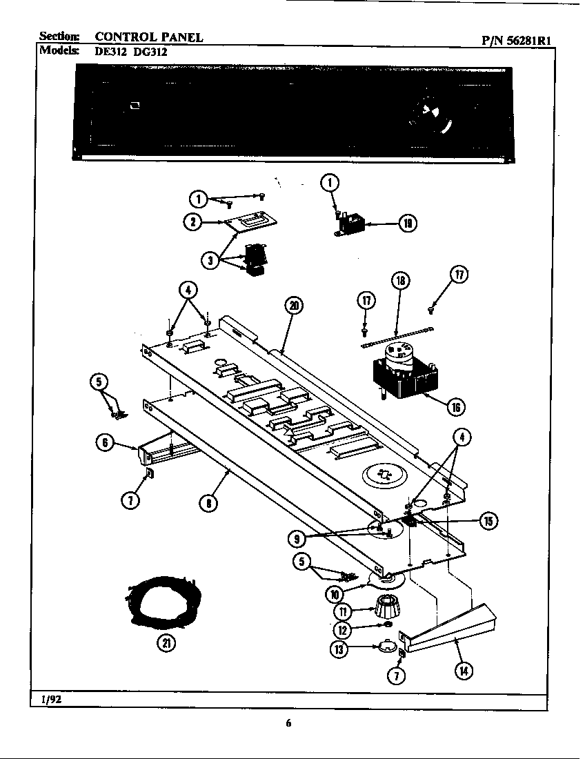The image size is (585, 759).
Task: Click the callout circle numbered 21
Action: (x=166, y=643)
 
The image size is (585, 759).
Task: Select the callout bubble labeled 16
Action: (x=455, y=406)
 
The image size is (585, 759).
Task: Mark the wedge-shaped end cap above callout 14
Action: (x=455, y=627)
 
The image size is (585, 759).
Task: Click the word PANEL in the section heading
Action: (x=175, y=37)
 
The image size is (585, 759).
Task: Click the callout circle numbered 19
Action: (x=408, y=223)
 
